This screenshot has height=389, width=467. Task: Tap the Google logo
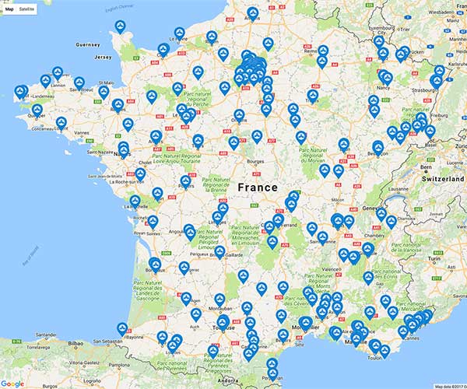[13, 383]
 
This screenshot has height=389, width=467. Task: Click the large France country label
[257, 187]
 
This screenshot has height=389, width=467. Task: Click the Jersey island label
[104, 58]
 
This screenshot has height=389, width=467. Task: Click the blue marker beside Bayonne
[122, 328]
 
